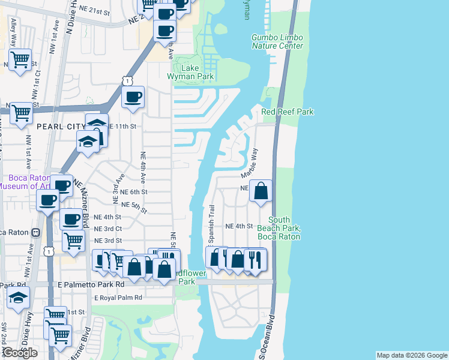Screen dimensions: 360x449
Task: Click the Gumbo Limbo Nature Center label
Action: click(x=277, y=41)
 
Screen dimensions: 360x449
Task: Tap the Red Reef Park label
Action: click(x=288, y=112)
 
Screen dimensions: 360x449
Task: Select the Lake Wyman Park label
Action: click(x=197, y=73)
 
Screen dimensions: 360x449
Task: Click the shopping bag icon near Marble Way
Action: click(x=261, y=191)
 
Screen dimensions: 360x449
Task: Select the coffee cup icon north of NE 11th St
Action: click(x=133, y=96)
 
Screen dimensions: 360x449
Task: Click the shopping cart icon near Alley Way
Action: click(x=20, y=59)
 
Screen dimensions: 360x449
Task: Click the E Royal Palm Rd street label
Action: click(x=118, y=298)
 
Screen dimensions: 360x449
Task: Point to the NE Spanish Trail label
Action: click(x=211, y=224)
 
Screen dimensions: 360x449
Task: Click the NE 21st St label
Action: click(x=98, y=11)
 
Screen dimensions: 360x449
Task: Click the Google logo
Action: click(x=19, y=353)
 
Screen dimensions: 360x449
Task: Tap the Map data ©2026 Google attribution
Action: click(x=412, y=355)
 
